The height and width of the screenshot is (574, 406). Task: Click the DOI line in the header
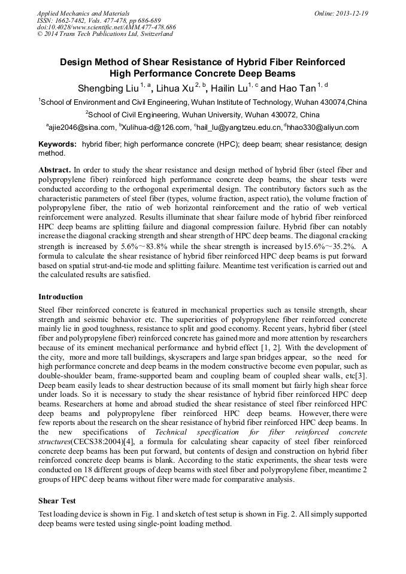pos(106,27)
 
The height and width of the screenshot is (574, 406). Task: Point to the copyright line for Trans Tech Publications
pos(105,34)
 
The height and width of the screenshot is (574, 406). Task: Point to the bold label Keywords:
pos(57,145)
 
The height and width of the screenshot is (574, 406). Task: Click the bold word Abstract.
pos(54,170)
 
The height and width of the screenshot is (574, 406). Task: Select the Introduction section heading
pos(60,297)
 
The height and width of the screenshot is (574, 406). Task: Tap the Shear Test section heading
pos(57,500)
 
